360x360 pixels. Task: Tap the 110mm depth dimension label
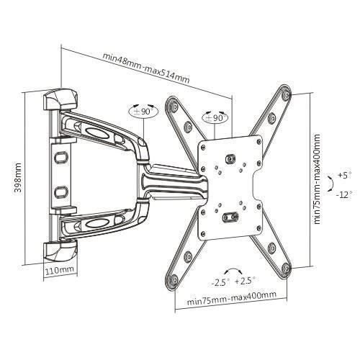pyautogui.click(x=60, y=271)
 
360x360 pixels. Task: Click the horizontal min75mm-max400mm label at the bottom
pyautogui.click(x=231, y=294)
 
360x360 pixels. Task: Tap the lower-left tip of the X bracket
pyautogui.click(x=186, y=257)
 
